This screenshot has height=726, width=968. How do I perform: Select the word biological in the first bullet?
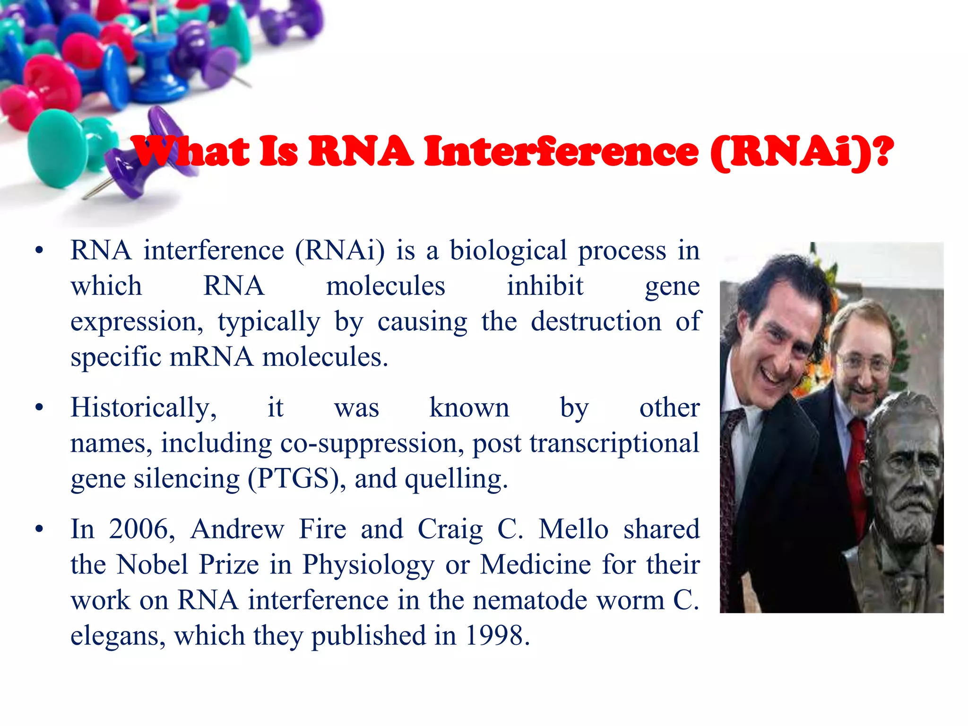click(508, 251)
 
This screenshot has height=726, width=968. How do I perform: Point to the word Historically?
click(143, 408)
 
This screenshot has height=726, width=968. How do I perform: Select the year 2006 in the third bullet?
click(138, 529)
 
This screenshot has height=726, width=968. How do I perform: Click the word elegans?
click(118, 637)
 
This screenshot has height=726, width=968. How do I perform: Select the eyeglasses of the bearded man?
click(863, 362)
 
